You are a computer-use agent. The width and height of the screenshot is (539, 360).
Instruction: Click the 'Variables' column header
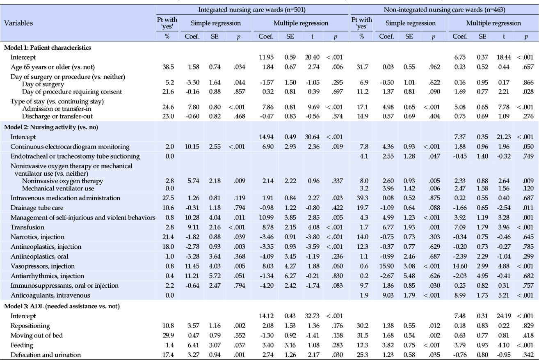(18, 23)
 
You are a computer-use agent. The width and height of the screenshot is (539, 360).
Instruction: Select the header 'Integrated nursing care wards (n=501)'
(252, 9)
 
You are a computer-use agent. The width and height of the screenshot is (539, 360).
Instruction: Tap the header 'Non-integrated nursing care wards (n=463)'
(444, 9)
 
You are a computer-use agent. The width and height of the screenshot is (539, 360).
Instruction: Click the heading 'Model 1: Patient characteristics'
(48, 48)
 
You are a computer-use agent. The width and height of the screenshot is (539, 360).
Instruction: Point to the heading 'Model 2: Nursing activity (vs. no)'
(51, 127)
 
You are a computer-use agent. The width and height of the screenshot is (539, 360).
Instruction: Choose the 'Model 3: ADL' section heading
(62, 306)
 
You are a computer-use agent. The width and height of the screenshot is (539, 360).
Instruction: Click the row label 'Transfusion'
(27, 227)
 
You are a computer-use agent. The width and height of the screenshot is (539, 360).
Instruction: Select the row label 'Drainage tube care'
(37, 208)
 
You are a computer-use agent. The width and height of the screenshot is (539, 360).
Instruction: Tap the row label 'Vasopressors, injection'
(43, 266)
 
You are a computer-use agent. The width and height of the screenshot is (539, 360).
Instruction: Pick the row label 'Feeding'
(22, 345)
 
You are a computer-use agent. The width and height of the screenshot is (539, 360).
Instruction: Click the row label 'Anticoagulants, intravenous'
(50, 296)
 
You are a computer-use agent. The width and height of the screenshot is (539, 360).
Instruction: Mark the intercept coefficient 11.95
(266, 57)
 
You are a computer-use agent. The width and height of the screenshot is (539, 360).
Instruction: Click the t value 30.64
(312, 137)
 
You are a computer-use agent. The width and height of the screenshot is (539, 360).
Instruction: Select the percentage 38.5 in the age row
(168, 67)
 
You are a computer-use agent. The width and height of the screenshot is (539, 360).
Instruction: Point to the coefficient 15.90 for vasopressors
(386, 266)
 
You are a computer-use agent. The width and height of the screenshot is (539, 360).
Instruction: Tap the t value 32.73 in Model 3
(312, 316)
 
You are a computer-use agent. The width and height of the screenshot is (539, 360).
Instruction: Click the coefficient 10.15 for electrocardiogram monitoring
(192, 147)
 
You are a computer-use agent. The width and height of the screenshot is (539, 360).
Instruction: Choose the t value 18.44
(504, 57)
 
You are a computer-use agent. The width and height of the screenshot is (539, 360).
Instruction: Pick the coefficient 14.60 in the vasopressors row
(459, 266)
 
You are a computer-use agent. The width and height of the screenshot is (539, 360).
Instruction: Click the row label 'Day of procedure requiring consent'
(72, 92)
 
